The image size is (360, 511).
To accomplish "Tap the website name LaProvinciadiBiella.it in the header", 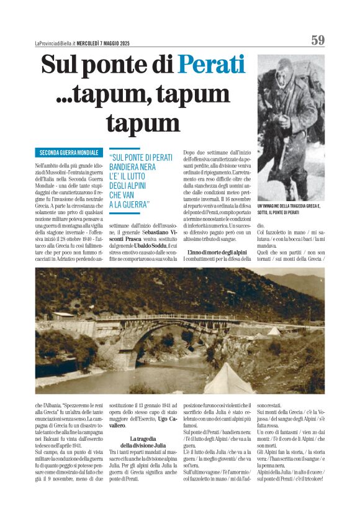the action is (56, 43).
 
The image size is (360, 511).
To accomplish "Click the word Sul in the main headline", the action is (61, 65).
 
